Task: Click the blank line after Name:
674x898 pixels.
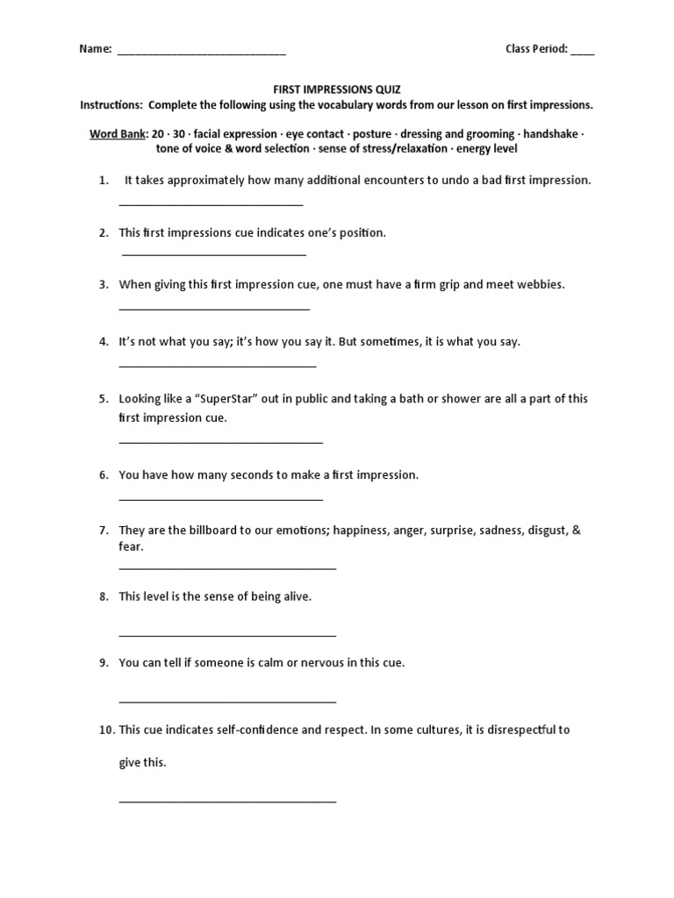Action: pos(201,52)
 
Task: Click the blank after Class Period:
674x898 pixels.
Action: pos(582,52)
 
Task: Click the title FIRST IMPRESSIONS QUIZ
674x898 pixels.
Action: pos(336,89)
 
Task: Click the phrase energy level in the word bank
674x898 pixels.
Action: pos(487,148)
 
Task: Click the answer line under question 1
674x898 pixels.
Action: pos(211,203)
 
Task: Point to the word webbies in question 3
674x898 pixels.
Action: pos(543,285)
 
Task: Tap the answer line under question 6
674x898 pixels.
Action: pos(220,499)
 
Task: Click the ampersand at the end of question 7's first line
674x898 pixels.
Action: pos(576,531)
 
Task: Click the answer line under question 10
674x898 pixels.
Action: pos(227,801)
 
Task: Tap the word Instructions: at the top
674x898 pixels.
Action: pos(111,105)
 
